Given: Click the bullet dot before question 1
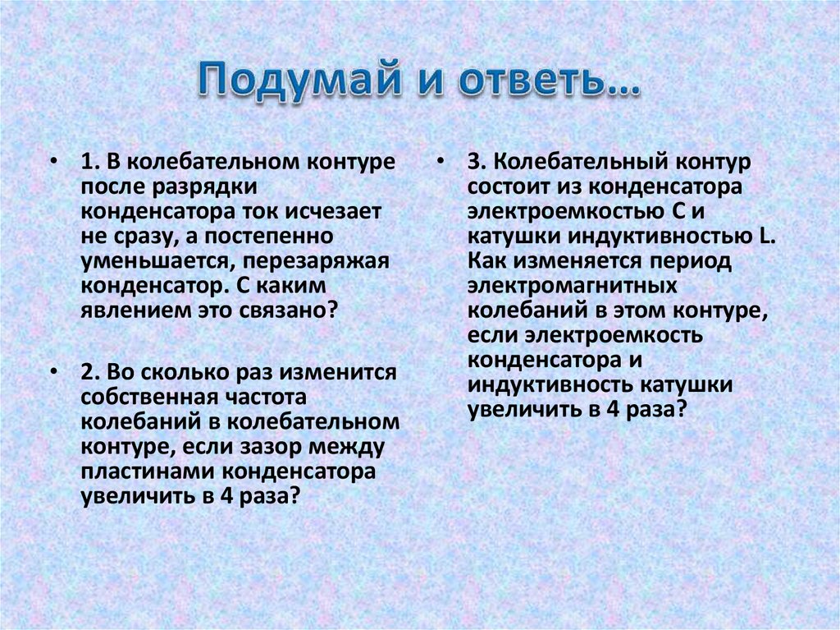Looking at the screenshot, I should click(x=53, y=161).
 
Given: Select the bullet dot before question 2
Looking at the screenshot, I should click(x=53, y=372).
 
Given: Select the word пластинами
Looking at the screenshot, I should click(x=148, y=474).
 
